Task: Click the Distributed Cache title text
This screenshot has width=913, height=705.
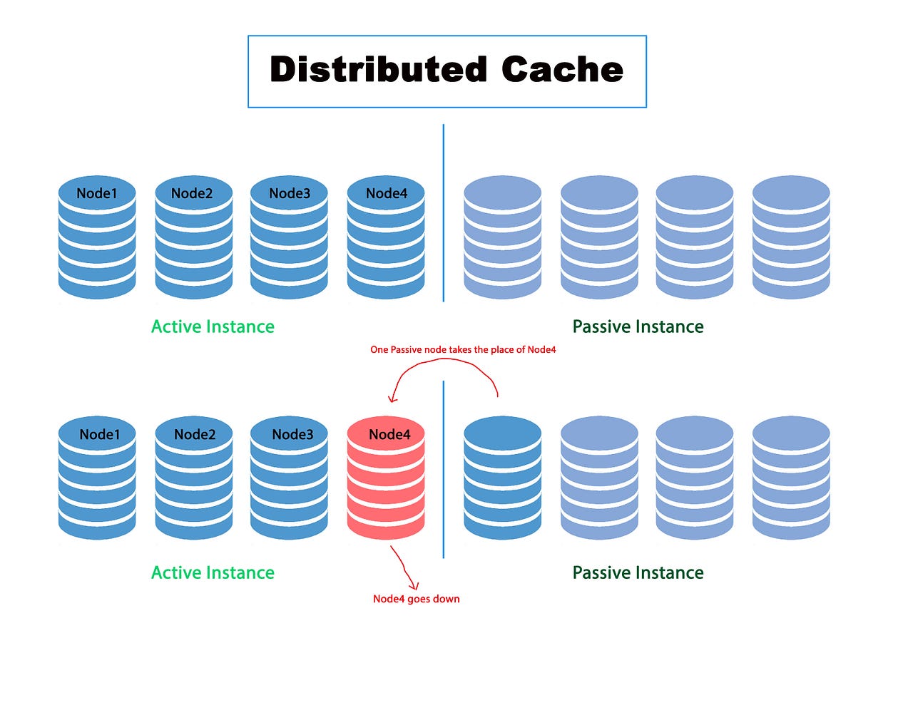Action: coord(447,70)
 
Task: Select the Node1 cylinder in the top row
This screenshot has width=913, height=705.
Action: coord(97,239)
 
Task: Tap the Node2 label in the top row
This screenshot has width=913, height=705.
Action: coord(192,193)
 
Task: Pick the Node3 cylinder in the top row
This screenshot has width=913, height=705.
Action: coord(289,239)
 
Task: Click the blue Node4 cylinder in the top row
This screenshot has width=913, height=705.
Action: coord(386,239)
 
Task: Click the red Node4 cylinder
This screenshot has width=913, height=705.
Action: coord(386,479)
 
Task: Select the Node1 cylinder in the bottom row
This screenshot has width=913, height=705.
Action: coord(97,479)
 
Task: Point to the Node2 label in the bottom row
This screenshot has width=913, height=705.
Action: coord(195,434)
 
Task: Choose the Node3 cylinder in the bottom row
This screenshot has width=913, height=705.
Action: coord(289,479)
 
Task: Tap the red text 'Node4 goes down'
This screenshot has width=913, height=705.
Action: coord(416,599)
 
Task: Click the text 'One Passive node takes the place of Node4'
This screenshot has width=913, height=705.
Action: coord(463,349)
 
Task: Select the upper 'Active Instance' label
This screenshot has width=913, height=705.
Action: coord(213,326)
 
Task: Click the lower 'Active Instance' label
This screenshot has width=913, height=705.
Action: coord(213,572)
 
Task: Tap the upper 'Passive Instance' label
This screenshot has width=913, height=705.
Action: coord(638,326)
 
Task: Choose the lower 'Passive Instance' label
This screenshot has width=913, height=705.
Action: coord(638,572)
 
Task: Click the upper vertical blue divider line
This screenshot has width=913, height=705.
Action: coord(444,214)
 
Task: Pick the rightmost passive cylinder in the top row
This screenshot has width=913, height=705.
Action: coord(791,239)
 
